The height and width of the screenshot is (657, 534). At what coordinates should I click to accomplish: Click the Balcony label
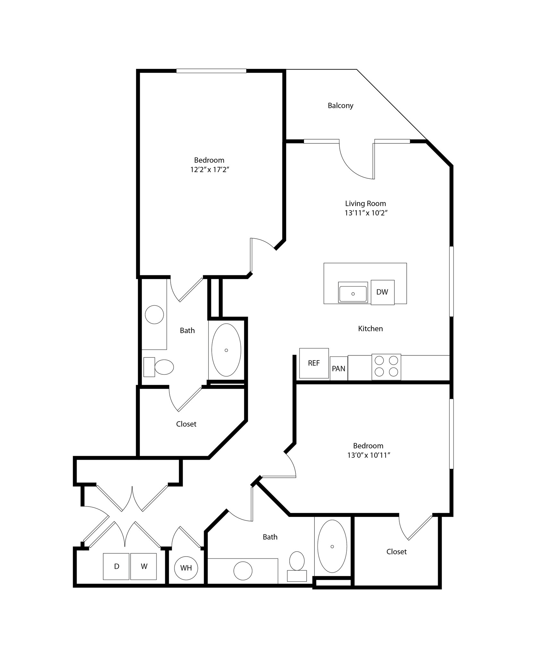(340, 106)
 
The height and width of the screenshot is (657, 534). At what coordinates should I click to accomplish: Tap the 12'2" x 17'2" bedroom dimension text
(209, 170)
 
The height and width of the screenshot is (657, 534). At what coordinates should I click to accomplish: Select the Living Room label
(365, 203)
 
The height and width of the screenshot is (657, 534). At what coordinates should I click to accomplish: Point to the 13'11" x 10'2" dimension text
(366, 213)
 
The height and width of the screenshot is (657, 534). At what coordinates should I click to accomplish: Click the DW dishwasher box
(382, 292)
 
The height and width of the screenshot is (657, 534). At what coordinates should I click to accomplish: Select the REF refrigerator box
(314, 363)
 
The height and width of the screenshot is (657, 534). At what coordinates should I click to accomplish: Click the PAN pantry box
(338, 369)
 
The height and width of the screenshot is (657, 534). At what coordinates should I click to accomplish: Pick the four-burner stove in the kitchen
(386, 367)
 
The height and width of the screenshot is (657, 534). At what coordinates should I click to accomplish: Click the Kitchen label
(370, 328)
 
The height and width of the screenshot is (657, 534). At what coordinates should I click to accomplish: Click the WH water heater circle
(186, 568)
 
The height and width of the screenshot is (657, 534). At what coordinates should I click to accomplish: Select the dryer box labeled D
(116, 567)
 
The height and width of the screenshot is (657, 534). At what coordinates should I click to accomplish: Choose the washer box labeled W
(144, 567)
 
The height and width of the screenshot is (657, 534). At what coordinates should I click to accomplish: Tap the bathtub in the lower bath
(332, 546)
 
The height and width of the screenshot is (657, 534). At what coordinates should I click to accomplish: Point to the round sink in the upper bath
(154, 315)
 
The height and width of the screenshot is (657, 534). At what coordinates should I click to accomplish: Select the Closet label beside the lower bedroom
(396, 551)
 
